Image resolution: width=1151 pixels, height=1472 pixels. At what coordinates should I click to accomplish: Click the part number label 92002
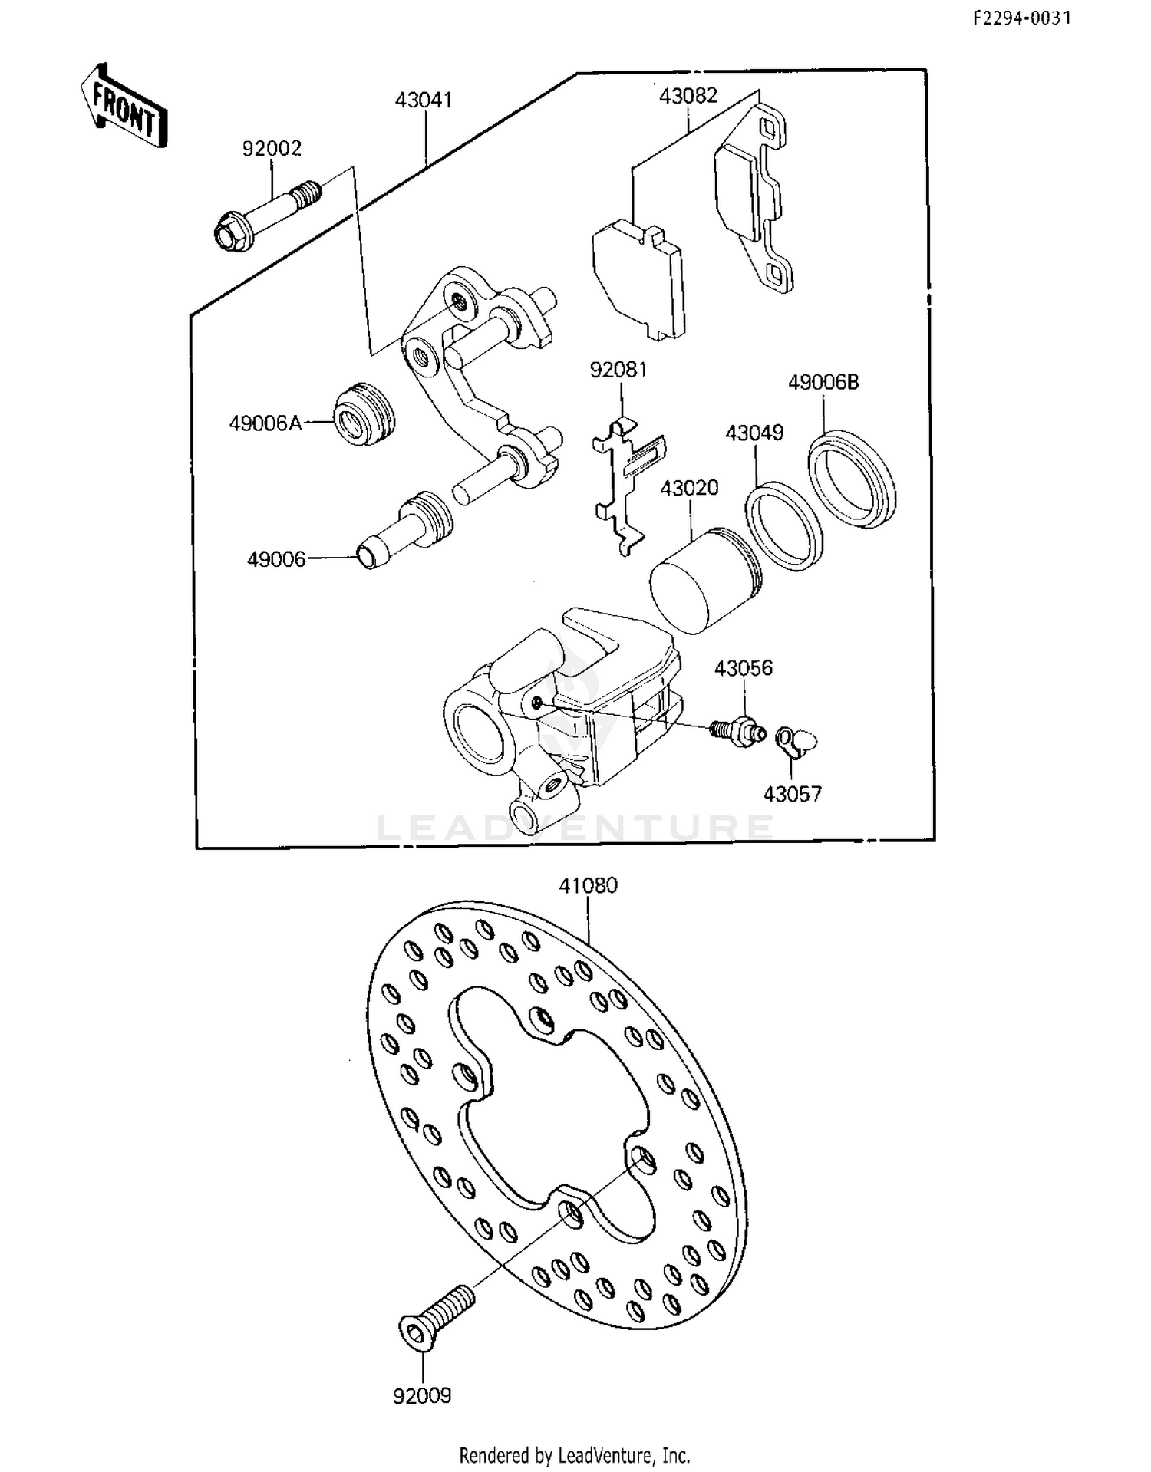[x=272, y=148]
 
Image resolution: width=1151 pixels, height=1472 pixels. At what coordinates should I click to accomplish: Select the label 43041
[x=424, y=100]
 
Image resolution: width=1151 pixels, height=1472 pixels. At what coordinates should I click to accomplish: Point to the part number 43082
[x=688, y=96]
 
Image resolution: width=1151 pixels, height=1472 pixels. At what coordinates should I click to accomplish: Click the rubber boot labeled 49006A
[x=365, y=414]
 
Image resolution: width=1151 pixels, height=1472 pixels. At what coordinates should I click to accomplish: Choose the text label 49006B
[x=823, y=382]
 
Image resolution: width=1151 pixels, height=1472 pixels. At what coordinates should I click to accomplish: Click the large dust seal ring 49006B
[x=852, y=479]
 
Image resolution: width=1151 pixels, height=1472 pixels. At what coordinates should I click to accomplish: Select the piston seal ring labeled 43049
[x=784, y=526]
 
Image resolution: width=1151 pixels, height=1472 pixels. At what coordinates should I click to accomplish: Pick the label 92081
[x=618, y=370]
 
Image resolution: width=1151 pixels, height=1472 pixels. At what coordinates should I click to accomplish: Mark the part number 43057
[x=792, y=794]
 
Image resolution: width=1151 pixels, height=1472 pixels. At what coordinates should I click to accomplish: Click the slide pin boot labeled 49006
[x=406, y=529]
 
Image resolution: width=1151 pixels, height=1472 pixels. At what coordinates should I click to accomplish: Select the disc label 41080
[x=588, y=885]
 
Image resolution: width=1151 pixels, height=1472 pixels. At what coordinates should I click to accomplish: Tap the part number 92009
[x=422, y=1396]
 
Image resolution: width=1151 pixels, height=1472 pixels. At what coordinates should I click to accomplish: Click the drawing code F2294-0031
[x=1021, y=18]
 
